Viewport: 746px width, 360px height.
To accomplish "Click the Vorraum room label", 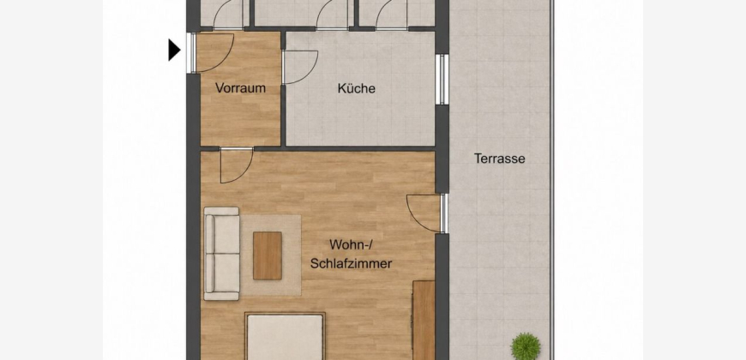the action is coord(240,88).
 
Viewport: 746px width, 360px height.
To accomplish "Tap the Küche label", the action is coord(357,88).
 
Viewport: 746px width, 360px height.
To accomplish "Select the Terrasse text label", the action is coord(500,159).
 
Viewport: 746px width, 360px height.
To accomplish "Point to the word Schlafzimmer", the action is coord(351,263).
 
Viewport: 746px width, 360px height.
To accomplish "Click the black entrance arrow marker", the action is coord(174,50).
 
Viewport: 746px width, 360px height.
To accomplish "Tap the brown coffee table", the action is coord(267,255).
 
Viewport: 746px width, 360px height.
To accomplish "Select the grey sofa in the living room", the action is coord(222,254).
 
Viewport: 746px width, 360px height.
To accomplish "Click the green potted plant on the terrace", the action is coord(526,345).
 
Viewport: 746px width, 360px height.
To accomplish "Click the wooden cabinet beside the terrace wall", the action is coord(424,320).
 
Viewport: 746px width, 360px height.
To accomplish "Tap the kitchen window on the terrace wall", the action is coord(442,80).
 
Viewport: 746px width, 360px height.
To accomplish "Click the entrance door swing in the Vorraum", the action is coord(214,53).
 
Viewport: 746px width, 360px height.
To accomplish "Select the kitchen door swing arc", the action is coord(300,67).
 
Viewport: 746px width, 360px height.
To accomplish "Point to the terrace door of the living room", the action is coord(426,213).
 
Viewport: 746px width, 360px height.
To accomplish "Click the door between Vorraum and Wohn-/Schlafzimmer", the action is coord(237,165).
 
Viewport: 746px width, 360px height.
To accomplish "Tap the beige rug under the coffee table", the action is coord(270,255).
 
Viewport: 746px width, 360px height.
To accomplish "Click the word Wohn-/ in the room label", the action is coord(350,245).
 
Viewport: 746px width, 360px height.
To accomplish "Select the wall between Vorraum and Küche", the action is coord(283,88).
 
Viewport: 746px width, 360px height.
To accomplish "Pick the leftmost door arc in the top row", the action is coord(227,15).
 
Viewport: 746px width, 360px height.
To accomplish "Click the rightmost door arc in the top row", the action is coord(391,15).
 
